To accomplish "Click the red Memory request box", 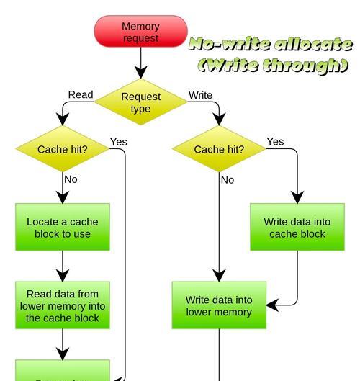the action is tap(141, 31).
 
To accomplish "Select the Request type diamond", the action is tap(141, 102).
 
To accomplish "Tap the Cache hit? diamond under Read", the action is tap(63, 148).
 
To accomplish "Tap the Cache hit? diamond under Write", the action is tap(219, 148).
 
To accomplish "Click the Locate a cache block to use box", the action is tap(63, 227).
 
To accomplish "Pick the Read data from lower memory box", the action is tap(63, 305).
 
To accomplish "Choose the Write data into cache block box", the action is tap(297, 227).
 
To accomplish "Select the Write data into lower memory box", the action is tap(219, 305).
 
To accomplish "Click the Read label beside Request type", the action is tap(81, 94).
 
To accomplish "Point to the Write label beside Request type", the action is tap(200, 95).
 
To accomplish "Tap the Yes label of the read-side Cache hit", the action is tap(119, 142).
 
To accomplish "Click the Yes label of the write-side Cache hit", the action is tap(275, 142).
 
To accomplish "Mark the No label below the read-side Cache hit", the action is tap(71, 179).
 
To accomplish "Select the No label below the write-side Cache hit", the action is tap(228, 180).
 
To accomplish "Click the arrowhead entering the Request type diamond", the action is tap(141, 72).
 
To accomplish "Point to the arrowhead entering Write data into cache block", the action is tap(297, 197).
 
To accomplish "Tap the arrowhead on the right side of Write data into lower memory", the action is tap(273, 305).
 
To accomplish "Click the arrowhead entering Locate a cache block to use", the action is tap(63, 197).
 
